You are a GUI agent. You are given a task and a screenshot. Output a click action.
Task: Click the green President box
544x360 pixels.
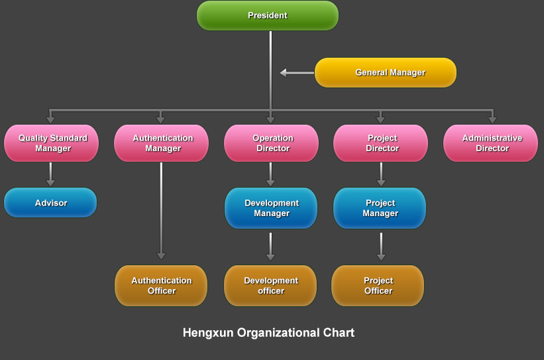pyautogui.click(x=268, y=15)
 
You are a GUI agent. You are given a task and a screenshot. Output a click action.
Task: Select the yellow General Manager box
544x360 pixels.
pyautogui.click(x=386, y=72)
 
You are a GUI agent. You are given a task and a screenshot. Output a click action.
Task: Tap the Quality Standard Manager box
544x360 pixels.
pyautogui.click(x=52, y=143)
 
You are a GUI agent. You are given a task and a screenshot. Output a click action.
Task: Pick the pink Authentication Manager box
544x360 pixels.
pyautogui.click(x=161, y=143)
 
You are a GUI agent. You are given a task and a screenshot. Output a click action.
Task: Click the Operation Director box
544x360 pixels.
pyautogui.click(x=271, y=143)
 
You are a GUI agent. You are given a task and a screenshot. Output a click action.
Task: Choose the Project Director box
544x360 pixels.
pyautogui.click(x=380, y=143)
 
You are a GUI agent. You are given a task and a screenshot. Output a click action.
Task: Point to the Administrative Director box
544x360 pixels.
pyautogui.click(x=490, y=143)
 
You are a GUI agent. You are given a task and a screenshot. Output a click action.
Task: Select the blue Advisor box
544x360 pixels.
pyautogui.click(x=50, y=203)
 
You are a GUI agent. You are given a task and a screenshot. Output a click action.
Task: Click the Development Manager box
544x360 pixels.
pyautogui.click(x=271, y=208)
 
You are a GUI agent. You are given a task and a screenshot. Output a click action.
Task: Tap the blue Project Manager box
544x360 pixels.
pyautogui.click(x=380, y=208)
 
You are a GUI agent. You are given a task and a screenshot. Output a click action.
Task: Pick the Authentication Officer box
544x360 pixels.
pyautogui.click(x=161, y=286)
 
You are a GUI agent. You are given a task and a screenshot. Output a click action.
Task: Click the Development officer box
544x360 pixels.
pyautogui.click(x=270, y=286)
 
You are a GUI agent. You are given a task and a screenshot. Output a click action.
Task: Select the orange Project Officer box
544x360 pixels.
pyautogui.click(x=378, y=286)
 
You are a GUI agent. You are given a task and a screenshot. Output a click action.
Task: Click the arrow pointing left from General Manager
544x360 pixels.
pyautogui.click(x=296, y=73)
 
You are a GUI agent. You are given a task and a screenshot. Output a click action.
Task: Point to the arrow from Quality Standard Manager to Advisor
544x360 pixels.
pyautogui.click(x=51, y=174)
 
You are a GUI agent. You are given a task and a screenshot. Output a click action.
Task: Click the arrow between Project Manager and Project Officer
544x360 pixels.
pyautogui.click(x=380, y=247)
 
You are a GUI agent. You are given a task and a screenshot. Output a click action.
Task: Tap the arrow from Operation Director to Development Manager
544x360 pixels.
pyautogui.click(x=270, y=174)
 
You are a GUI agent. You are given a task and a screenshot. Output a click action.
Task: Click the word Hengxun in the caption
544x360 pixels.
pyautogui.click(x=208, y=333)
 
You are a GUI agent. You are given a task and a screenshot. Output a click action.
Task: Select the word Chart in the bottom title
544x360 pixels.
pyautogui.click(x=339, y=333)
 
